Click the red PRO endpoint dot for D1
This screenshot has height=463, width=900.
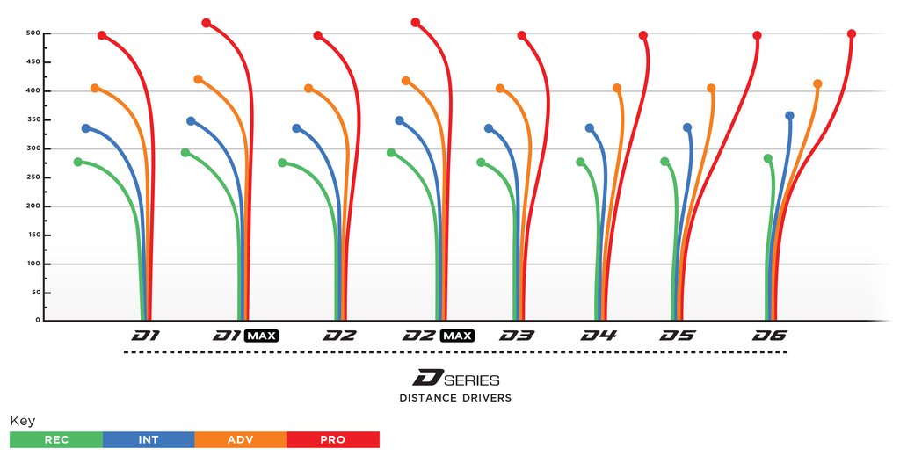pyautogui.click(x=102, y=35)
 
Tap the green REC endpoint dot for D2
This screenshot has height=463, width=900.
pyautogui.click(x=282, y=163)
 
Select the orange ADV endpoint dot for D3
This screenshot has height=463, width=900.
pyautogui.click(x=500, y=88)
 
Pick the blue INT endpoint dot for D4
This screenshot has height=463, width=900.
pyautogui.click(x=590, y=128)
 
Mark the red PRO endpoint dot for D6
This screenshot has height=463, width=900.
pyautogui.click(x=851, y=33)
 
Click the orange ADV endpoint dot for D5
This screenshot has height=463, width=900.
pyautogui.click(x=711, y=88)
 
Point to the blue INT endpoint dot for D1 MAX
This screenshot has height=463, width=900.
pyautogui.click(x=191, y=121)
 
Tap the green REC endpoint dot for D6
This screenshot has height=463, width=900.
pyautogui.click(x=768, y=158)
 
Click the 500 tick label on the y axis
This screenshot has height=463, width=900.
pyautogui.click(x=33, y=33)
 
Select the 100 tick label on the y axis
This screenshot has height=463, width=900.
pyautogui.click(x=33, y=264)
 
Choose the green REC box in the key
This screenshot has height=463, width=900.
pyautogui.click(x=56, y=439)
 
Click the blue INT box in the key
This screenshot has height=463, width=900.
pyautogui.click(x=149, y=439)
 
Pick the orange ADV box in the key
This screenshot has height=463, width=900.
pyautogui.click(x=241, y=439)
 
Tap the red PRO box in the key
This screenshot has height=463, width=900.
pyautogui.click(x=333, y=439)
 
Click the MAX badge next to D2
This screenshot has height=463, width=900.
pyautogui.click(x=458, y=336)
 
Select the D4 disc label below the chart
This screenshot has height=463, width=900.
pyautogui.click(x=599, y=336)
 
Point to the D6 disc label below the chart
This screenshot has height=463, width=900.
pyautogui.click(x=770, y=336)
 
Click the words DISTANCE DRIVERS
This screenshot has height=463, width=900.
pyautogui.click(x=455, y=398)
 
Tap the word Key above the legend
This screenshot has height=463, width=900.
pyautogui.click(x=22, y=421)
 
